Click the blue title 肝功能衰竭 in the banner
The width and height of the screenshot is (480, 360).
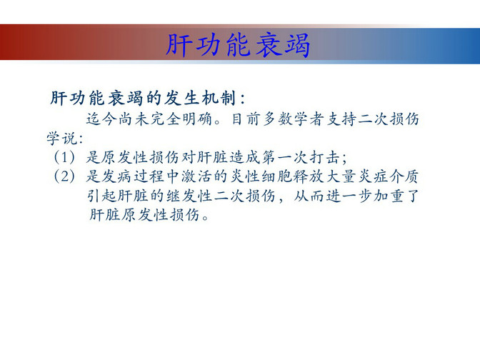point(238,45)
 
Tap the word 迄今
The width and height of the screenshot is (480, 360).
point(102,119)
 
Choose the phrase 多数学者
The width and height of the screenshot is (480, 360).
point(294,119)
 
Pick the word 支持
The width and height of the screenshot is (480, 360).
point(341,119)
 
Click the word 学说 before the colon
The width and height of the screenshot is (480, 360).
point(62,139)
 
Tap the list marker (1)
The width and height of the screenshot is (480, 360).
point(64,157)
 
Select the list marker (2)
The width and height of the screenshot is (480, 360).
point(64,176)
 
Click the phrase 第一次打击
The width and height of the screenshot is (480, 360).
point(301,157)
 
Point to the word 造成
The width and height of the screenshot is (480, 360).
point(244,157)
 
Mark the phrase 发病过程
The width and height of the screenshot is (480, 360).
point(134,176)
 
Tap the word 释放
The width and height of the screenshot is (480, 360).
point(309,176)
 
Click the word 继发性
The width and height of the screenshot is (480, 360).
point(189,196)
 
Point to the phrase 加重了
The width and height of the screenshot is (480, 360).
point(396,196)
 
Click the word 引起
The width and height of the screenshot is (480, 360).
point(102,196)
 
